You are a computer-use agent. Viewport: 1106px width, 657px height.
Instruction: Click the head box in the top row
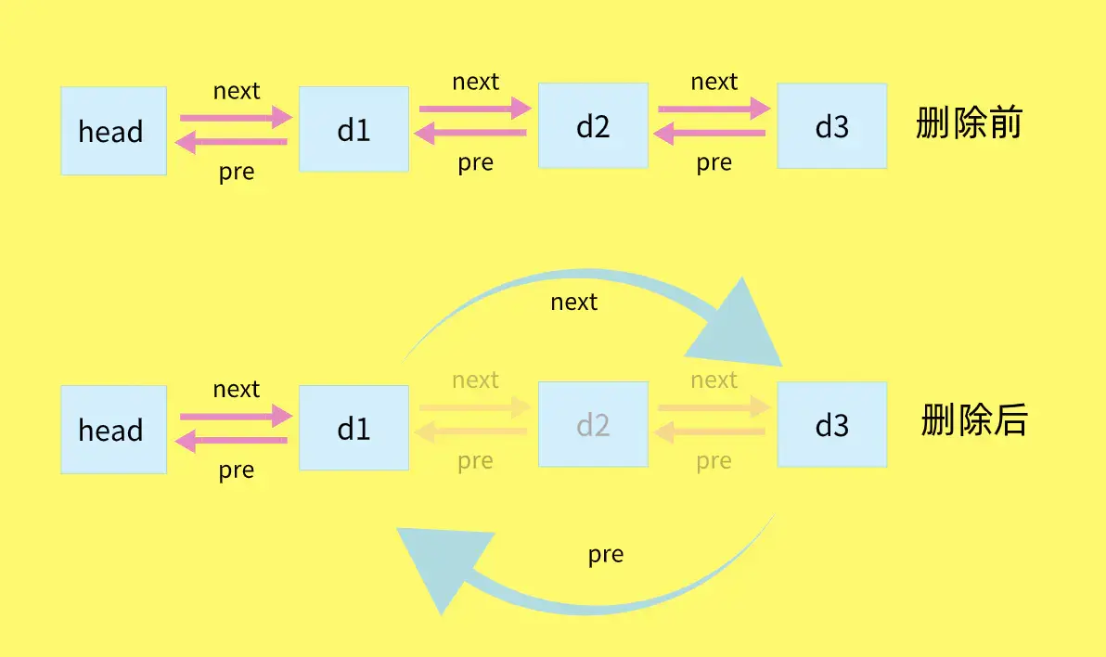[x=113, y=131]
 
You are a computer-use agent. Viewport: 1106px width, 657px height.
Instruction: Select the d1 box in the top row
[x=354, y=129]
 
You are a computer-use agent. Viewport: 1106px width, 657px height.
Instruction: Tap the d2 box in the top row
[x=593, y=125]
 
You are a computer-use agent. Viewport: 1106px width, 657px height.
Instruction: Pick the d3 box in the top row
[x=832, y=125]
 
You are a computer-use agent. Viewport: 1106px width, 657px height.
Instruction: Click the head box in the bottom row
[x=113, y=430]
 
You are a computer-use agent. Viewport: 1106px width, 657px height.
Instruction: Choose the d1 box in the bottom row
[x=354, y=428]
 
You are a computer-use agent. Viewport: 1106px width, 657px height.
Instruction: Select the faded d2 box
[x=593, y=424]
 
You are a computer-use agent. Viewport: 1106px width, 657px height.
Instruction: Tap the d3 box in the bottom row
[x=832, y=424]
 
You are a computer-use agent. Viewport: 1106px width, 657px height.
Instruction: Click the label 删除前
[x=970, y=122]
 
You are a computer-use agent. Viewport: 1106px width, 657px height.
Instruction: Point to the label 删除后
[x=974, y=420]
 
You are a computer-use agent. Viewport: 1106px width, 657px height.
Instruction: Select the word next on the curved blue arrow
[x=574, y=302]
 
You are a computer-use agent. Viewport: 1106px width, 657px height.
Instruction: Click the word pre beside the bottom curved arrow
[x=606, y=555]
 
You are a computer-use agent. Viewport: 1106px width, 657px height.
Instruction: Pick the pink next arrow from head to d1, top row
[x=236, y=117]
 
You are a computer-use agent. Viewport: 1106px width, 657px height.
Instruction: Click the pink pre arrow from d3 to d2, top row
[x=710, y=133]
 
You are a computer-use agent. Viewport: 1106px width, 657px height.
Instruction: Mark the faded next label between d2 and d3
[x=714, y=380]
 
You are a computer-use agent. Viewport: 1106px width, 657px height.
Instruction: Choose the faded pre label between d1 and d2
[x=475, y=461]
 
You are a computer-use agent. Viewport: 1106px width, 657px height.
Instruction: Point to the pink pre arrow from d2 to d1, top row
[x=470, y=133]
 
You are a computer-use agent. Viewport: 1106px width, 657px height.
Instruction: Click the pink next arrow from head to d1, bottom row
[x=236, y=416]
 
